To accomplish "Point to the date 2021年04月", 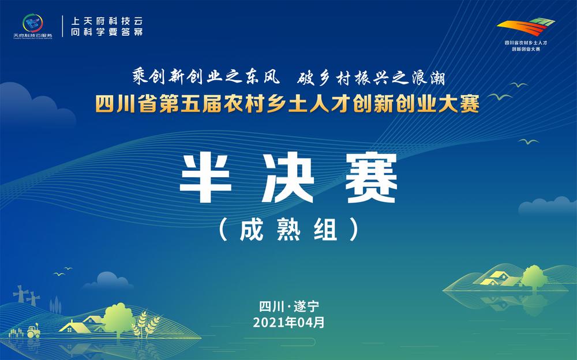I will tap(288, 322).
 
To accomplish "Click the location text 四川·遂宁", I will tap(288, 306).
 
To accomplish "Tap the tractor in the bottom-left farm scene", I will tap(32, 330).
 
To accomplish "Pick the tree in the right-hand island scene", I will tap(534, 275).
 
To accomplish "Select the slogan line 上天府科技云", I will tap(106, 19).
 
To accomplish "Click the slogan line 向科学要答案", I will tap(106, 32).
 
